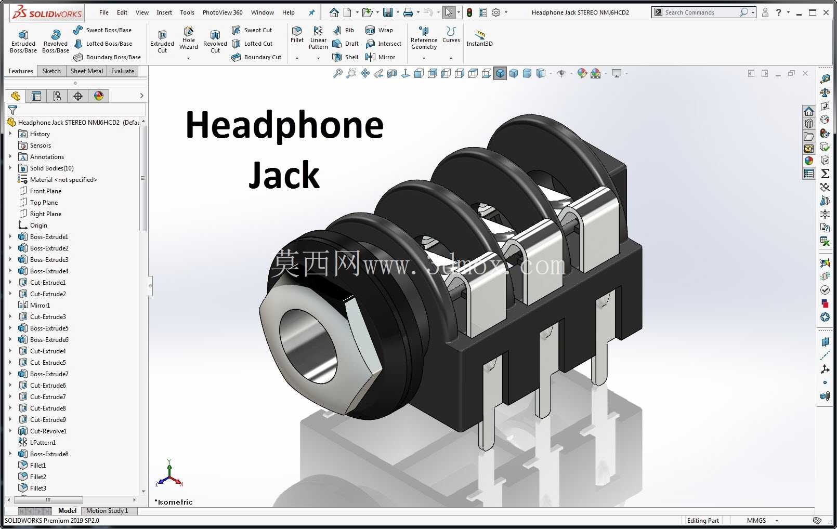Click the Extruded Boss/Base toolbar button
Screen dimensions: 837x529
(23, 41)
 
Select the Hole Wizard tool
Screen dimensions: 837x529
(188, 38)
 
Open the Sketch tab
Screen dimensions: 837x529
(51, 71)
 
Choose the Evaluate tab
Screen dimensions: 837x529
(123, 71)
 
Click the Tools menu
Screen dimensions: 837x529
(187, 12)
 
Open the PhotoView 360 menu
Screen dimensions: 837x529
(223, 12)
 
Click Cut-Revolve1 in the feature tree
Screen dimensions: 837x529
(48, 431)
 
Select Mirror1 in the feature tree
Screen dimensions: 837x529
(40, 305)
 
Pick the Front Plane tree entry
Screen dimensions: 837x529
(46, 191)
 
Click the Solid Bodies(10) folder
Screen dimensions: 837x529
(51, 168)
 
